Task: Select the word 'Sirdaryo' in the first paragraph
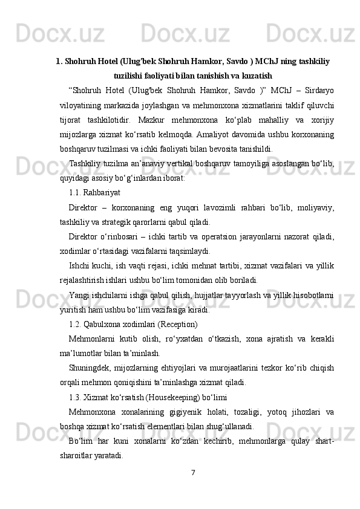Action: click(x=318, y=91)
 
